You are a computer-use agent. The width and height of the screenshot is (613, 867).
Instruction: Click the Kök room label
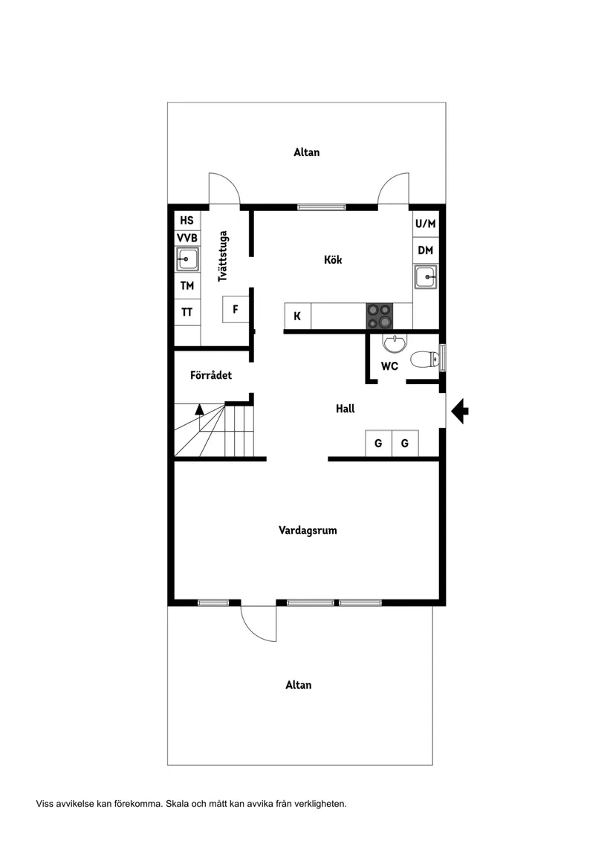tap(333, 260)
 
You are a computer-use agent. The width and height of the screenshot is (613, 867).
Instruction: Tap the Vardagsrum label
tap(308, 530)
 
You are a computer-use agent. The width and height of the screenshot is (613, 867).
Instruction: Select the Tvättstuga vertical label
tap(222, 259)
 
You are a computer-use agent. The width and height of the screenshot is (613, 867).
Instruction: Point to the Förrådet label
tap(210, 375)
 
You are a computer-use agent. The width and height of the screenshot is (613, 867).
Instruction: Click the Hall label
tap(345, 409)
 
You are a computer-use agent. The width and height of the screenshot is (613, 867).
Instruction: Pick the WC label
tap(389, 366)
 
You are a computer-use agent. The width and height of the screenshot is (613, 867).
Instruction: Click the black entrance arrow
tap(459, 410)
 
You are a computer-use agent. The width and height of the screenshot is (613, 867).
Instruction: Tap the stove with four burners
tap(379, 316)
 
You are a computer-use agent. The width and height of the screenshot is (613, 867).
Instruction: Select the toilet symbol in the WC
tap(426, 360)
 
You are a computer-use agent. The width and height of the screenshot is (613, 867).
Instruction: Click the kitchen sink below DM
tap(426, 278)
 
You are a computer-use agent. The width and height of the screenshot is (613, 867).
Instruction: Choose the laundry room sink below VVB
tap(187, 260)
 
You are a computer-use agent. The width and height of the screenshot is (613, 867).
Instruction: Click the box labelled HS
tap(187, 220)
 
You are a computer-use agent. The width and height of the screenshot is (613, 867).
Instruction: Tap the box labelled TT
tap(187, 313)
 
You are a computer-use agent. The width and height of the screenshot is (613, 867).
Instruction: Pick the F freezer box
tap(236, 309)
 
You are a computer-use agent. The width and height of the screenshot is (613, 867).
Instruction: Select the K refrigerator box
tap(297, 316)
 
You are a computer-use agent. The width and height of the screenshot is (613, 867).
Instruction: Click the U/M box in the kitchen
tap(426, 224)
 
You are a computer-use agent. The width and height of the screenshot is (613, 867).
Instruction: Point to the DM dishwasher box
tap(425, 250)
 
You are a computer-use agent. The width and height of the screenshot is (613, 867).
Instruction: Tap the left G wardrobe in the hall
tap(378, 444)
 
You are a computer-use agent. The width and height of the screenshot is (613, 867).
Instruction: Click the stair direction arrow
tap(199, 408)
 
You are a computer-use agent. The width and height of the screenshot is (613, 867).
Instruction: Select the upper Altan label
tap(307, 152)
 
